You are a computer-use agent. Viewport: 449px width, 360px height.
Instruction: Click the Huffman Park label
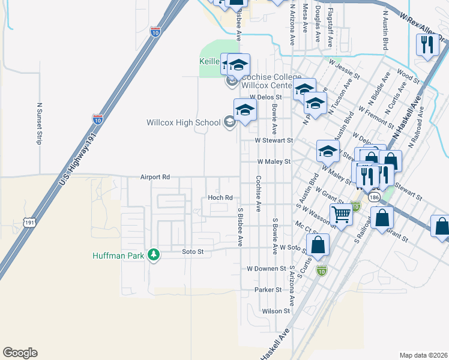pyautogui.click(x=119, y=255)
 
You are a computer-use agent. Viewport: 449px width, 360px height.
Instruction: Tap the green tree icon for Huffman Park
pyautogui.click(x=154, y=255)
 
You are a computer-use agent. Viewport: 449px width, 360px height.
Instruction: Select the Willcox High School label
pyautogui.click(x=184, y=122)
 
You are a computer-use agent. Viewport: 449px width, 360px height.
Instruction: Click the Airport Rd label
pyautogui.click(x=155, y=177)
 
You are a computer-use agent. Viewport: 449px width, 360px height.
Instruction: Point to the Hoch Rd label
pyautogui.click(x=220, y=197)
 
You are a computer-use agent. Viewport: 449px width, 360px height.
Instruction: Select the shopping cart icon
pyautogui.click(x=342, y=214)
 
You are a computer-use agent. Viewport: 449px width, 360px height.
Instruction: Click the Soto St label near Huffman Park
pyautogui.click(x=194, y=252)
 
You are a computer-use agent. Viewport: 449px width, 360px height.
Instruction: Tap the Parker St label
pyautogui.click(x=268, y=289)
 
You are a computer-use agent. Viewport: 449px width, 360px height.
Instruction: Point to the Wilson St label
pyautogui.click(x=276, y=311)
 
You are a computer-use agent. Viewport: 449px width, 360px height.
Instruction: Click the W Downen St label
pyautogui.click(x=267, y=268)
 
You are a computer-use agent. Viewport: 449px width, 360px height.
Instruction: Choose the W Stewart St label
pyautogui.click(x=273, y=140)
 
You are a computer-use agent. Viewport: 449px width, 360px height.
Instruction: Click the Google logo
pyautogui.click(x=20, y=353)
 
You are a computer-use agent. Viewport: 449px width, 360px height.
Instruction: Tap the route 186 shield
pyautogui.click(x=375, y=197)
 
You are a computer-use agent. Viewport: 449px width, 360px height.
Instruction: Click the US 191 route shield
pyautogui.click(x=29, y=223)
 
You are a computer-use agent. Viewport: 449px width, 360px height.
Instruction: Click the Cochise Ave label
pyautogui.click(x=258, y=194)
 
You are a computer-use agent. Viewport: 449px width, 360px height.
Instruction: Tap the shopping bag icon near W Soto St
pyautogui.click(x=318, y=244)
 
